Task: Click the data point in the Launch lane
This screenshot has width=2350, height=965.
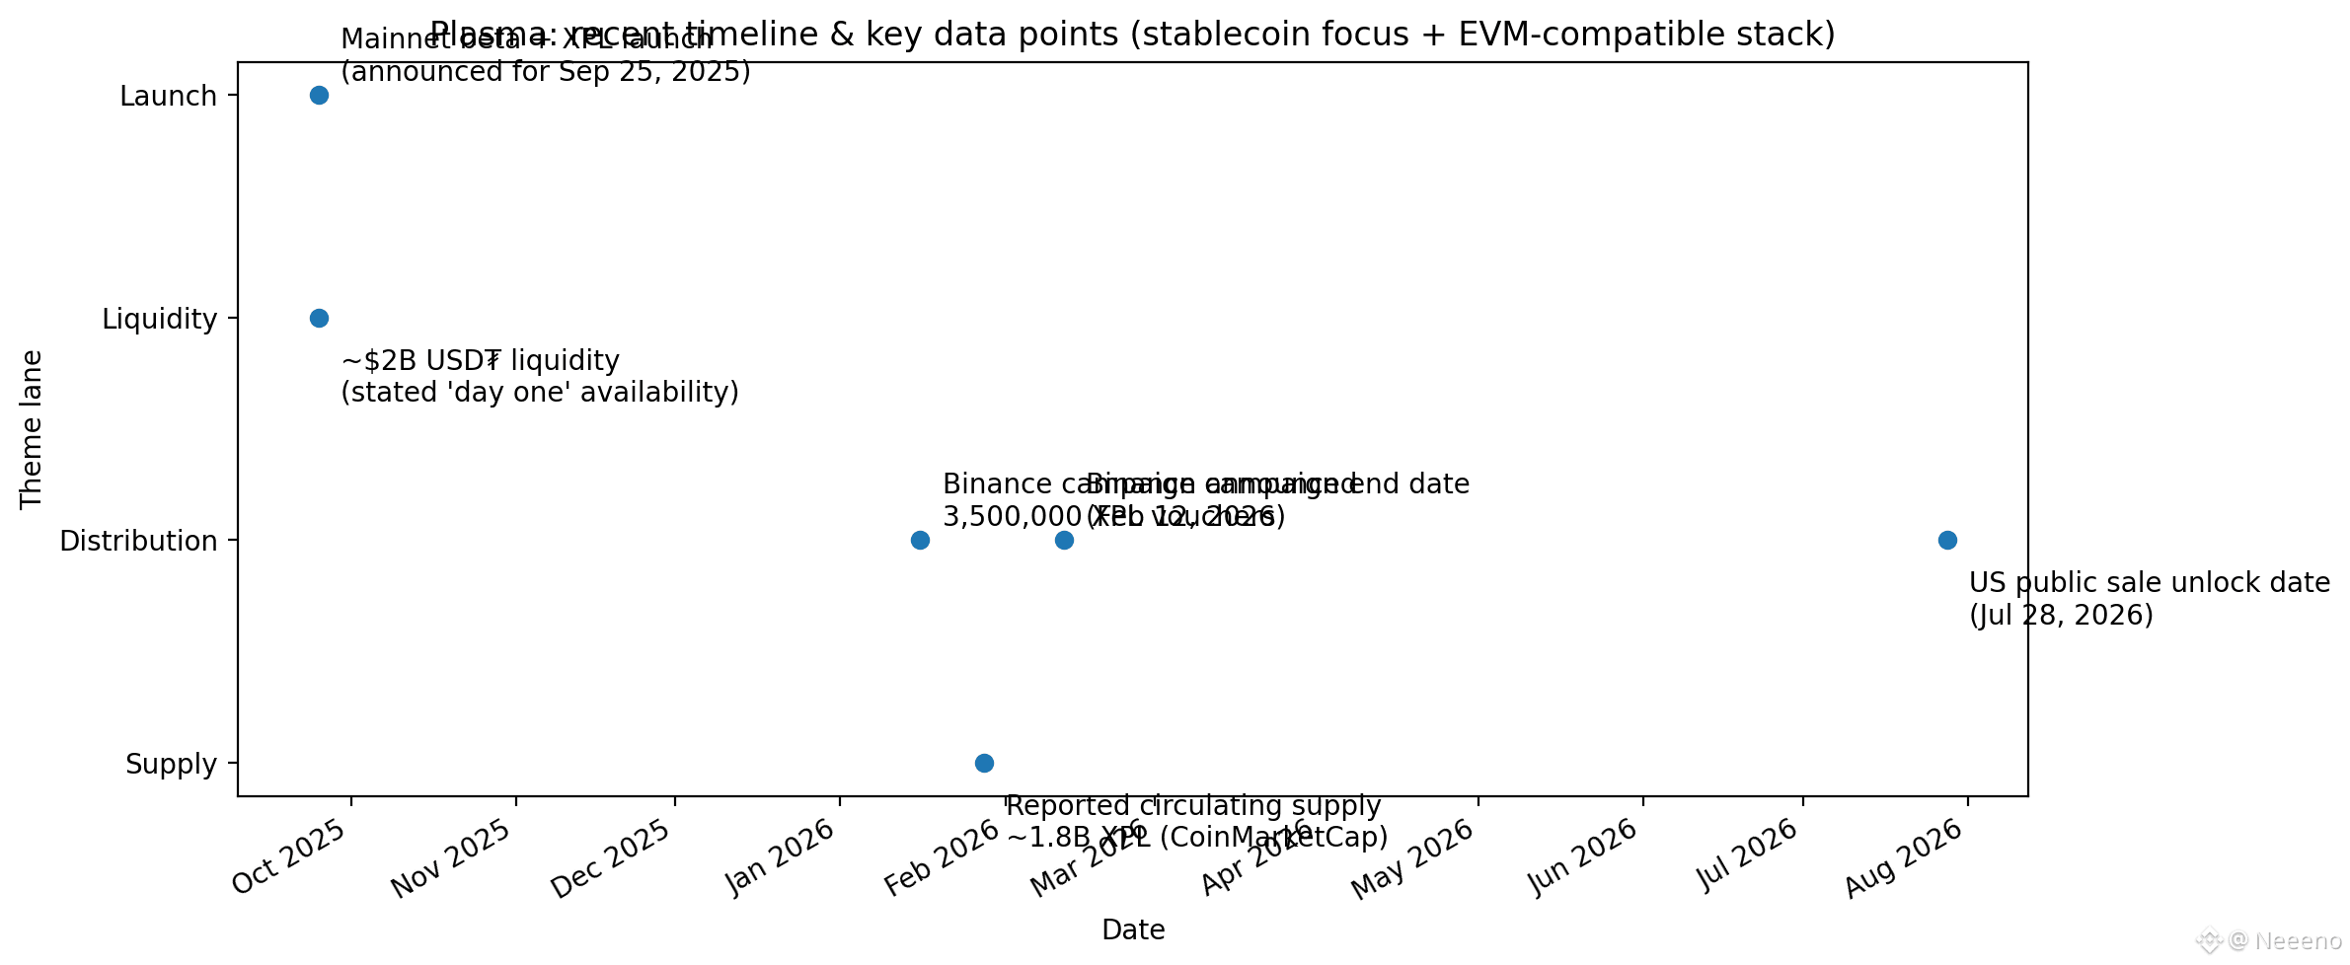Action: tap(319, 96)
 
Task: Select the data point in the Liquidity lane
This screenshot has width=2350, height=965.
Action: tap(319, 318)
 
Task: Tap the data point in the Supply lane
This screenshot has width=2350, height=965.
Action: tap(984, 763)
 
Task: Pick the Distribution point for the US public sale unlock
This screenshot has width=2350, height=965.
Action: tap(1947, 540)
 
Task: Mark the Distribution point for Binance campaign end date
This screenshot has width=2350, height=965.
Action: tap(1064, 540)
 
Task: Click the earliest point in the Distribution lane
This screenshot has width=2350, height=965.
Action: tap(920, 540)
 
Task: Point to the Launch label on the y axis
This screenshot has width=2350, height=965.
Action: tap(168, 97)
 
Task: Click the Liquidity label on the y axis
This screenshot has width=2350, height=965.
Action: tap(159, 319)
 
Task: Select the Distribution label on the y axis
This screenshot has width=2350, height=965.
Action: tap(138, 541)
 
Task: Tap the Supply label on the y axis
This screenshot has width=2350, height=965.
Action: tap(171, 764)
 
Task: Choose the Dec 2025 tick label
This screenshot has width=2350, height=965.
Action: tap(612, 858)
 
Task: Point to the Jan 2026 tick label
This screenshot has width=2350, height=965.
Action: tap(781, 858)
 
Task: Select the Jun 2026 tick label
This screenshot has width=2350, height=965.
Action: tap(1584, 858)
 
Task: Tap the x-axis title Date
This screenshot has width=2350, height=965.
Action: tap(1133, 930)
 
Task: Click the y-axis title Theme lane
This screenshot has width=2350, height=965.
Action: tap(32, 429)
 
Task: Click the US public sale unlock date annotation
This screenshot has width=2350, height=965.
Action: tap(2149, 599)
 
